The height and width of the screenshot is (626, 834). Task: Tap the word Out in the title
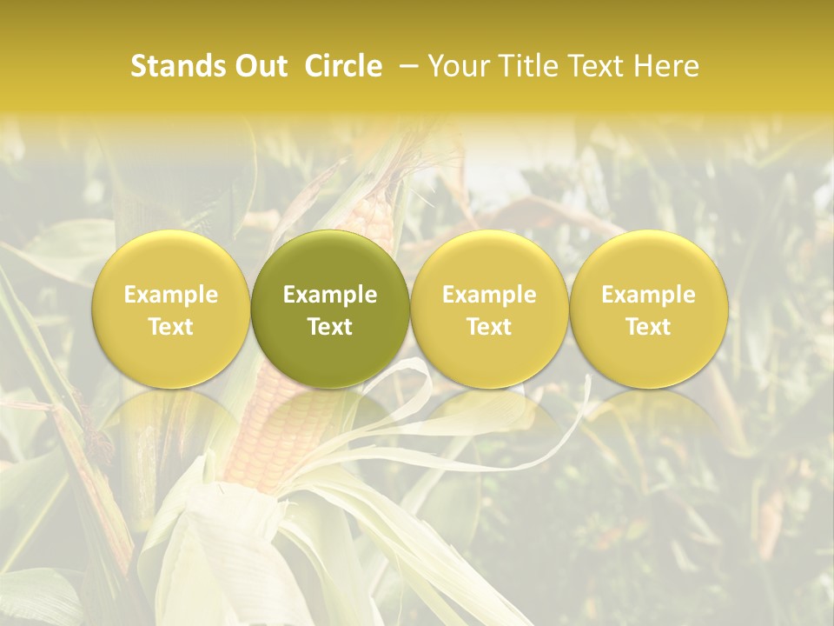(x=259, y=66)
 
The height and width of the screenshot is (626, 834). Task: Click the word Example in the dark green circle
(x=330, y=295)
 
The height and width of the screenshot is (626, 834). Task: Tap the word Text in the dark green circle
(x=330, y=327)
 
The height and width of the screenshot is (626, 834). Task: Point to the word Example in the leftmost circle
(x=171, y=295)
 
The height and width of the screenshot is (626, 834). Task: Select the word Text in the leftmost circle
(x=171, y=327)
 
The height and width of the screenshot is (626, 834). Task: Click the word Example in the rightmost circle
(x=649, y=295)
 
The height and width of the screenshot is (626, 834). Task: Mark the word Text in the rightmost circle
(x=649, y=327)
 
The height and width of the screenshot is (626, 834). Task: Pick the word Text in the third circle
(x=489, y=327)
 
